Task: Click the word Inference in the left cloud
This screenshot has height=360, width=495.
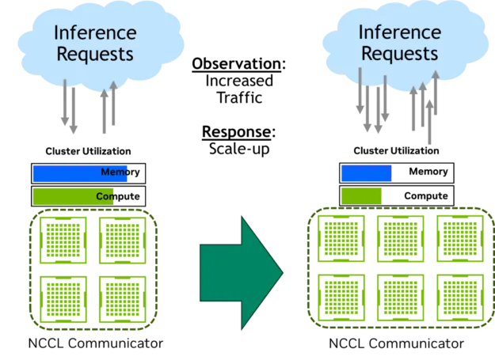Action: point(95,33)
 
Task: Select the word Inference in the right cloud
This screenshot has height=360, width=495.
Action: point(398,32)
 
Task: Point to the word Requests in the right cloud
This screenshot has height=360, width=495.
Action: point(398,54)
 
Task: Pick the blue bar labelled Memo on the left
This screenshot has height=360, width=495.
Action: point(81,173)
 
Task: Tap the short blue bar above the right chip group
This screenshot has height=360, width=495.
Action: point(366,173)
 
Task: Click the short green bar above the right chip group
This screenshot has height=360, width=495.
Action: point(362,195)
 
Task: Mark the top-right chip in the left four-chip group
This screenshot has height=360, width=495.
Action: point(121,239)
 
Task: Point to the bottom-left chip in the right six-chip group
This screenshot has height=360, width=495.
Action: point(341,294)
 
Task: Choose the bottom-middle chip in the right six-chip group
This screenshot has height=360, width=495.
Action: point(400,294)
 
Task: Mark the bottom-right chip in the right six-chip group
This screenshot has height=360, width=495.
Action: point(459,294)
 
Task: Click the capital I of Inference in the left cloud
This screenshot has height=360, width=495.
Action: point(56,33)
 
